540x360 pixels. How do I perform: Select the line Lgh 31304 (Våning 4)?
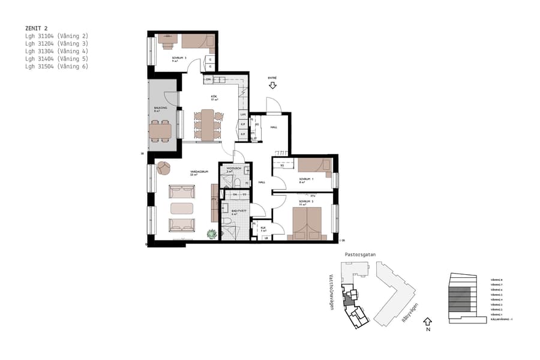(x=56, y=51)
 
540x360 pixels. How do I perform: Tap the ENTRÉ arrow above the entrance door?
(x=272, y=86)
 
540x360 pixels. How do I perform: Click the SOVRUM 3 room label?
(x=179, y=58)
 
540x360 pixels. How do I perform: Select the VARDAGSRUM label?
(x=194, y=172)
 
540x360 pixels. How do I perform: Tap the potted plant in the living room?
(x=212, y=235)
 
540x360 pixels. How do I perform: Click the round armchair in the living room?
(x=163, y=169)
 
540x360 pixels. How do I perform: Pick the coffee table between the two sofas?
(x=182, y=209)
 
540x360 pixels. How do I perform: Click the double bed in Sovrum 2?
(x=306, y=223)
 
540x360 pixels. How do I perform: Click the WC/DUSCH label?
(x=233, y=169)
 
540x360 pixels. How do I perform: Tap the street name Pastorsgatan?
(x=360, y=254)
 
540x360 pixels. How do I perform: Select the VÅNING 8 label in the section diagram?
(x=496, y=280)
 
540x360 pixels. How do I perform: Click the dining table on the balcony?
(x=161, y=130)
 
